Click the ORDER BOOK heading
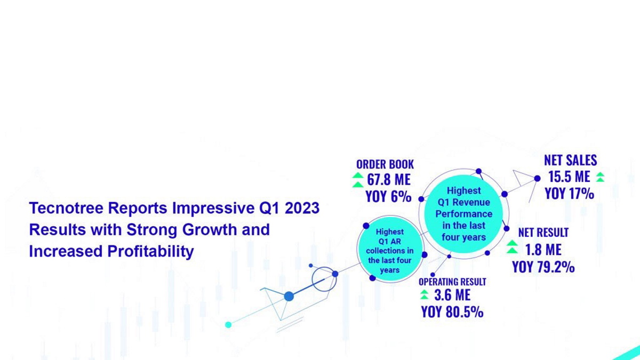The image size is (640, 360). pyautogui.click(x=385, y=165)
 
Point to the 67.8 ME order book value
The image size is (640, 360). pyautogui.click(x=389, y=180)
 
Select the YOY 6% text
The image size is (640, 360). pyautogui.click(x=388, y=196)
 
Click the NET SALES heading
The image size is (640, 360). pyautogui.click(x=570, y=160)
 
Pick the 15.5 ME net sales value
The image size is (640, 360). pyautogui.click(x=569, y=177)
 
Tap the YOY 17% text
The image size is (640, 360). pyautogui.click(x=569, y=193)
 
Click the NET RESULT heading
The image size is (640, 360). pyautogui.click(x=543, y=233)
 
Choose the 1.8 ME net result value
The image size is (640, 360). pyautogui.click(x=543, y=249)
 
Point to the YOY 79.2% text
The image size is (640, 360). pyautogui.click(x=543, y=267)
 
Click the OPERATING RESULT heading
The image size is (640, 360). pyautogui.click(x=452, y=282)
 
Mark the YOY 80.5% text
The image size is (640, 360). pyautogui.click(x=452, y=312)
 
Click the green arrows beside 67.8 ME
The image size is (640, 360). pyautogui.click(x=357, y=180)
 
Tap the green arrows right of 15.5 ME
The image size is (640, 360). pyautogui.click(x=600, y=177)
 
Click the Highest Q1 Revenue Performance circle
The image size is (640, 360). pyautogui.click(x=463, y=213)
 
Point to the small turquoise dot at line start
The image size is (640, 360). pyautogui.click(x=228, y=324)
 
